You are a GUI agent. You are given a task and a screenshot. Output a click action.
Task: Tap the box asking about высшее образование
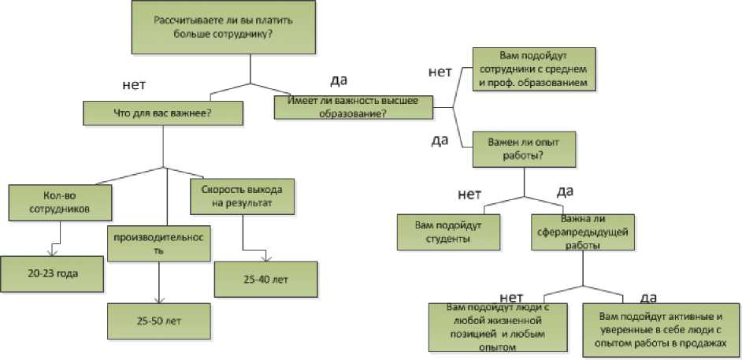click(x=354, y=106)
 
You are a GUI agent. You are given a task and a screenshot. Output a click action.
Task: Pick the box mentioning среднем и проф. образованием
click(x=533, y=69)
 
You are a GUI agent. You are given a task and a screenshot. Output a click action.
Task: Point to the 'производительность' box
click(x=159, y=243)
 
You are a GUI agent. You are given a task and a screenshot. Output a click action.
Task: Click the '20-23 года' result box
click(x=52, y=273)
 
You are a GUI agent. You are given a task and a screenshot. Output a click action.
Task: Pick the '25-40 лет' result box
click(x=265, y=279)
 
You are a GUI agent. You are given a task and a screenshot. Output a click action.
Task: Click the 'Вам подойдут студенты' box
click(x=447, y=232)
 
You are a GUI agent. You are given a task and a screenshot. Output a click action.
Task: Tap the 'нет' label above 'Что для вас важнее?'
click(x=135, y=84)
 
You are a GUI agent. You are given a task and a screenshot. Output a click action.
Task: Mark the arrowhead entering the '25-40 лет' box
click(x=270, y=258)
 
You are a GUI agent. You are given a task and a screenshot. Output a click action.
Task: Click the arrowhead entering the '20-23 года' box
click(x=53, y=253)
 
